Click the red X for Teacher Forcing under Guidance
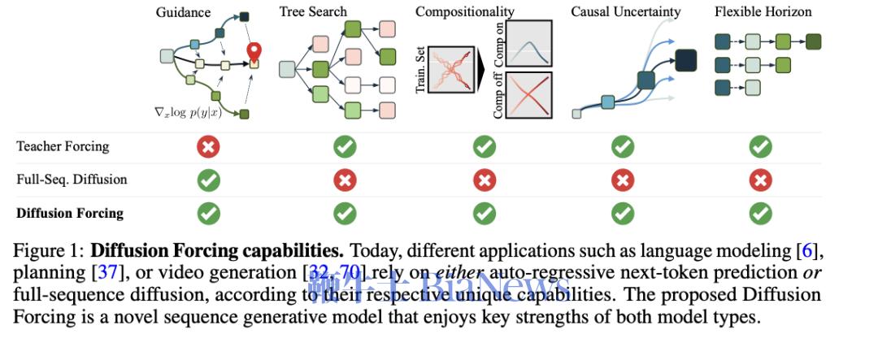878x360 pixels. (209, 147)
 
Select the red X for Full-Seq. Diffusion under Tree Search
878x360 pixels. (346, 180)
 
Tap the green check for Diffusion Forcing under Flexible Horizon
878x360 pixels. (760, 213)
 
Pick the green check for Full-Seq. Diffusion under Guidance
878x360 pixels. (209, 180)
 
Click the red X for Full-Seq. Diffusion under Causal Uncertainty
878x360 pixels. (623, 180)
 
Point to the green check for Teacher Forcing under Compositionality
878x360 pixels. (485, 147)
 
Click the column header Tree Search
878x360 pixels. (313, 11)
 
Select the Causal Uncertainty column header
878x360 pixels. (625, 11)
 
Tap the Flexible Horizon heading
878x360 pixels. (763, 11)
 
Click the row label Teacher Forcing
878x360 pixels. (63, 147)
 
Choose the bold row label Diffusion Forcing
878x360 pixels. (70, 214)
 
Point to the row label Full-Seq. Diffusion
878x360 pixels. (72, 180)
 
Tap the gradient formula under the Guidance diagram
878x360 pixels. (188, 113)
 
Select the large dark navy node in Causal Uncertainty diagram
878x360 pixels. (686, 60)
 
